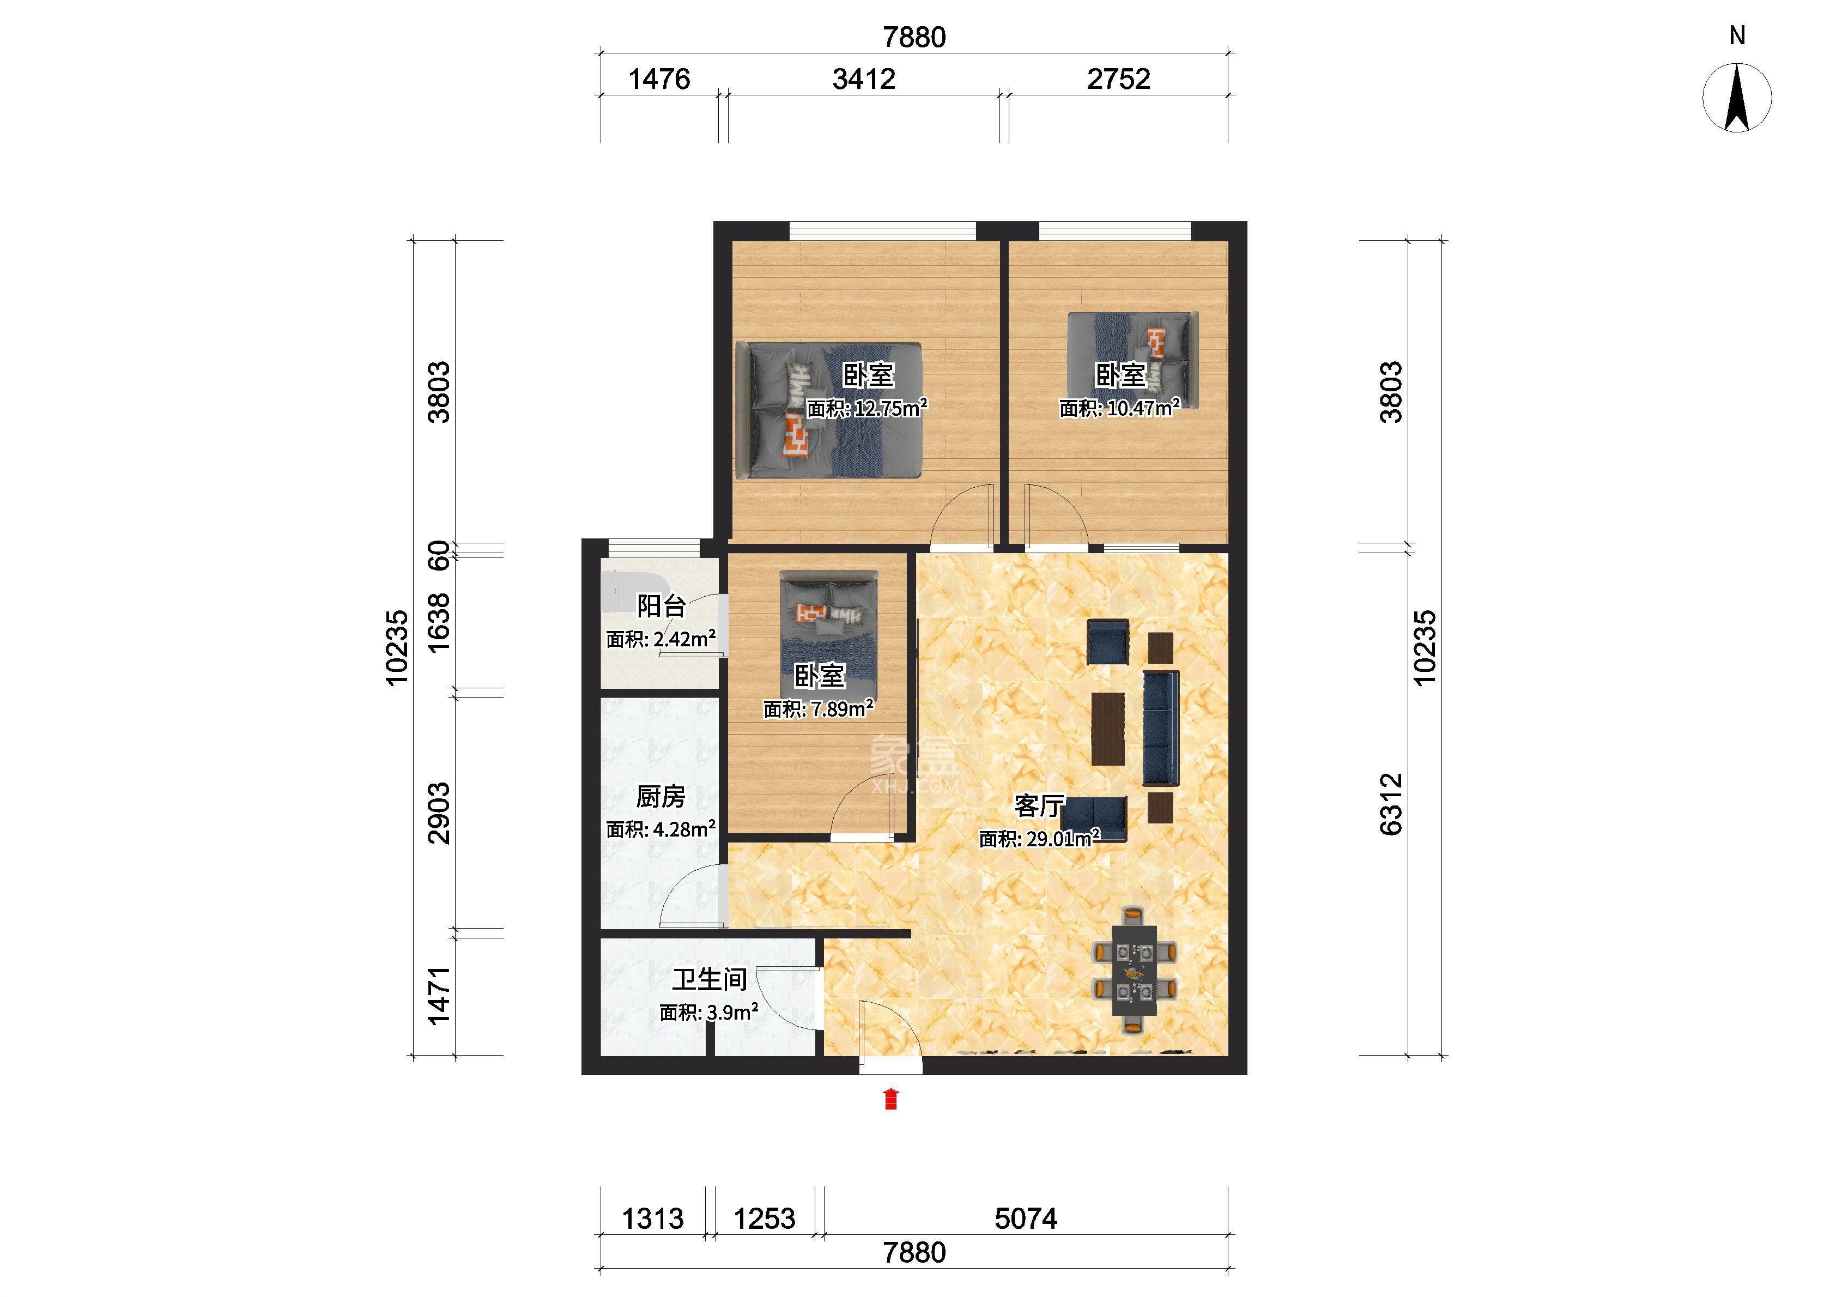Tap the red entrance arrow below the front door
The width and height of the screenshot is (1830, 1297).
click(891, 1099)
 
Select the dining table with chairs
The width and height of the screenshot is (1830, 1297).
click(1134, 971)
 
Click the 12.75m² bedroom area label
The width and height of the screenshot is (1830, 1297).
click(866, 408)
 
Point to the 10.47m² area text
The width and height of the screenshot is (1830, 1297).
click(1119, 408)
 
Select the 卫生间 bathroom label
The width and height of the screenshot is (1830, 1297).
click(710, 979)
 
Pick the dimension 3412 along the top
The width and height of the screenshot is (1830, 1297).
click(864, 79)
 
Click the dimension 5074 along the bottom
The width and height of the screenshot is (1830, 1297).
click(1026, 1219)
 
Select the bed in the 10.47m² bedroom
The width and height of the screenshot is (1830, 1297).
click(1133, 359)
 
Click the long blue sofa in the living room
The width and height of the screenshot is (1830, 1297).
click(1161, 728)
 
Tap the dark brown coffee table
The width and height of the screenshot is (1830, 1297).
click(1108, 729)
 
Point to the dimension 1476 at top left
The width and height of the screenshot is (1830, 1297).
click(659, 79)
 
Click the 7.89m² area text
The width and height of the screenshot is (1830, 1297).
click(819, 708)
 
